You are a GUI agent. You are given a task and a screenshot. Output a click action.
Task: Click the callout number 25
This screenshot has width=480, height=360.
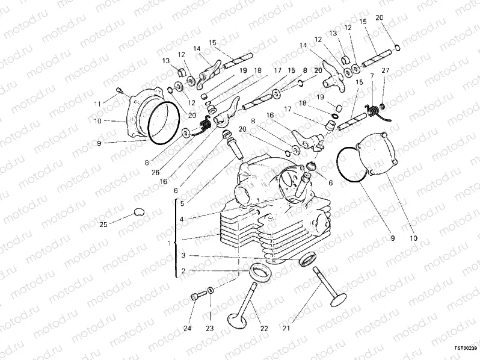pos(103,224)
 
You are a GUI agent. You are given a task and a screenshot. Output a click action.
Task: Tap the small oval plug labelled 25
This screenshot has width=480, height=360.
pos(138,211)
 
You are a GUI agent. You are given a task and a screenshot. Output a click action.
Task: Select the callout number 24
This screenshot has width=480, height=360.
pos(188,329)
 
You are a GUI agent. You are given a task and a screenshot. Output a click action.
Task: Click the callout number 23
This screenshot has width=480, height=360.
pos(211,329)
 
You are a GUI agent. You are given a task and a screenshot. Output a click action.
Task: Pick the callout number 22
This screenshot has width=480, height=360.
pos(263,329)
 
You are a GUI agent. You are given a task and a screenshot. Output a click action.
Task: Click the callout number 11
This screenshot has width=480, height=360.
pos(97,104)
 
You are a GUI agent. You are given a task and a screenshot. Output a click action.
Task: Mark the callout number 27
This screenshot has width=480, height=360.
pos(386,71)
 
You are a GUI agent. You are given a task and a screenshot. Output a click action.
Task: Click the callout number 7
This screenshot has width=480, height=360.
pos(372,76)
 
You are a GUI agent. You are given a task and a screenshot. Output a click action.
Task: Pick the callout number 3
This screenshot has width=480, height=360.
pos(183,255)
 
